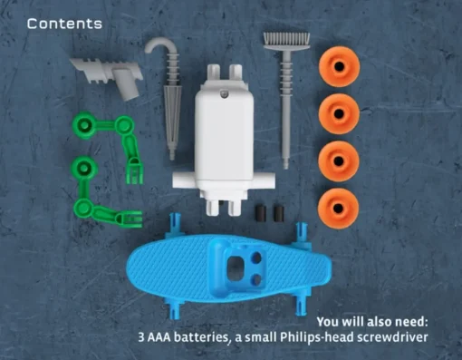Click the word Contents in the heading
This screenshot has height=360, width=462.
coord(64,24)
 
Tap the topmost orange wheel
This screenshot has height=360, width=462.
coord(340,66)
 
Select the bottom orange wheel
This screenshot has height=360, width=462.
coord(339,209)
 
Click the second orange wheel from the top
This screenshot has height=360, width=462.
coord(339,113)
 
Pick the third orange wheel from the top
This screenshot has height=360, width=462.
coord(339,161)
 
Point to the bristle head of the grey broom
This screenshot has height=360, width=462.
coord(286,41)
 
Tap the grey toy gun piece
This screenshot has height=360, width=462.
coord(110,75)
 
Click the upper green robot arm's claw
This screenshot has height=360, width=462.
coord(134,170)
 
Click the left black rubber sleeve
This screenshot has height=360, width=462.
coord(261,213)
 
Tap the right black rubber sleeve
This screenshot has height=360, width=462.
coord(278,213)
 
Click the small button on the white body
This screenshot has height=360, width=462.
coord(225,94)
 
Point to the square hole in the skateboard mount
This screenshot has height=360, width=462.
coord(236,268)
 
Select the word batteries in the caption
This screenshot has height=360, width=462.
coord(201,337)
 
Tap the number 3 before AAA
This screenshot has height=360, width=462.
coord(141,337)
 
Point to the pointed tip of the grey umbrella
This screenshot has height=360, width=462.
coord(172,157)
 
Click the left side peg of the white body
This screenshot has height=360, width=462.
coord(184,180)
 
